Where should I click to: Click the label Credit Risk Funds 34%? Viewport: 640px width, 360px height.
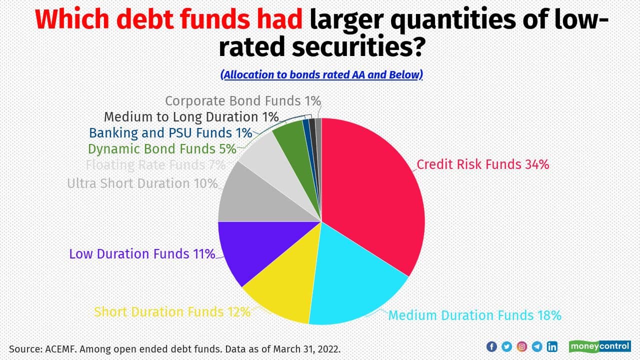(483, 164)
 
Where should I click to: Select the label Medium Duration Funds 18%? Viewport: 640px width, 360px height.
(474, 315)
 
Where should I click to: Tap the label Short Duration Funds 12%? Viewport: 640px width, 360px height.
(172, 312)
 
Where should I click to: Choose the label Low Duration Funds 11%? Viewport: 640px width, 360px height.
(142, 254)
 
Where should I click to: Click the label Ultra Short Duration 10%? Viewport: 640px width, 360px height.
(142, 183)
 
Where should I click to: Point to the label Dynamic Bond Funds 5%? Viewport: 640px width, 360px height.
(161, 149)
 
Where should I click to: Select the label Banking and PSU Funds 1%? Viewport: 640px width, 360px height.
(170, 133)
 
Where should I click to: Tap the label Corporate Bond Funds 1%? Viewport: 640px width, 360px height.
(242, 101)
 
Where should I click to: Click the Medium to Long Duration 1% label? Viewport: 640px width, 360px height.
(191, 117)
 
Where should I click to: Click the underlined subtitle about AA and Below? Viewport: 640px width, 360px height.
(321, 74)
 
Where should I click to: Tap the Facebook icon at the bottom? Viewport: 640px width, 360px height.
(491, 346)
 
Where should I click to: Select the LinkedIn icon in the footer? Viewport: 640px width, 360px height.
(552, 346)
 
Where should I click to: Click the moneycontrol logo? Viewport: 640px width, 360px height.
(599, 346)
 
